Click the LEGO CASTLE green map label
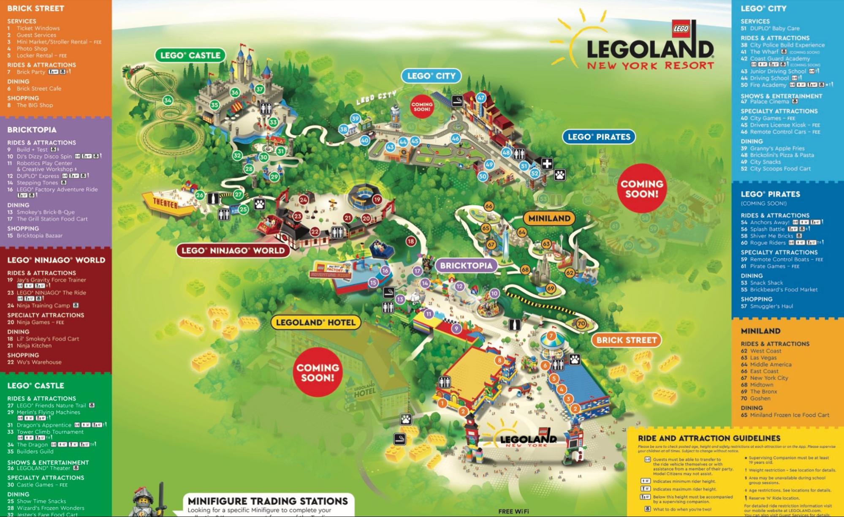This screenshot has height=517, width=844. click(x=190, y=55)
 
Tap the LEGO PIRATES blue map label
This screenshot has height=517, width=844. click(x=599, y=137)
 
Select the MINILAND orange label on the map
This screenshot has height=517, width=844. click(x=549, y=218)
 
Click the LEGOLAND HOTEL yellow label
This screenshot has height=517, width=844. click(x=315, y=323)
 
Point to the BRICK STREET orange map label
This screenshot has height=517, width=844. click(x=626, y=340)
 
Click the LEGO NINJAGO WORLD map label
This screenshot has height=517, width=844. click(x=233, y=250)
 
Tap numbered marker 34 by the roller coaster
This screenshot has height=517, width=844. click(x=168, y=101)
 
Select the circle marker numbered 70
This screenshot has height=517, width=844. click(x=581, y=324)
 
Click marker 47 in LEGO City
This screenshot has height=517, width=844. click(x=481, y=98)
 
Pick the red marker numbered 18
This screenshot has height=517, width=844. click(x=411, y=241)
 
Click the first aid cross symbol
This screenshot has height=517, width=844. click(x=547, y=164)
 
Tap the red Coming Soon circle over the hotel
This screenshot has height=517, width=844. click(x=318, y=373)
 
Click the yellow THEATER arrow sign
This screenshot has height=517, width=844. click(x=165, y=204)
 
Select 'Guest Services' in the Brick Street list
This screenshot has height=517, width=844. click(x=36, y=35)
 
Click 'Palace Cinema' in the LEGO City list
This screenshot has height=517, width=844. click(x=769, y=102)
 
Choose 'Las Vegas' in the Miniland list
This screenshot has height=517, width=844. click(x=763, y=358)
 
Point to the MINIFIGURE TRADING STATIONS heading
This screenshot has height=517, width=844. click(x=268, y=501)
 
